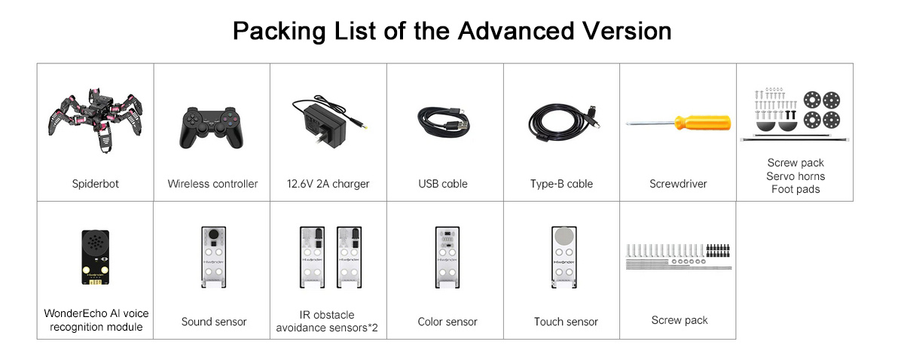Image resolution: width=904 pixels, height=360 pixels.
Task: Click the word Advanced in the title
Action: click(516, 31)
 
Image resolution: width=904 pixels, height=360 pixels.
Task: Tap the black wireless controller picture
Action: click(212, 127)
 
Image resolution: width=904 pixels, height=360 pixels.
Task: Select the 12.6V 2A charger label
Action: click(328, 184)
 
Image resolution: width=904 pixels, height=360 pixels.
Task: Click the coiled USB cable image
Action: click(444, 123)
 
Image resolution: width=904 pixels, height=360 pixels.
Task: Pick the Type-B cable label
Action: click(561, 184)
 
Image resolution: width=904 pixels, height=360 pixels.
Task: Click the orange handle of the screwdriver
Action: click(703, 123)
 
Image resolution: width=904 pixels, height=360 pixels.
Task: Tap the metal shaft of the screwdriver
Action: click(649, 123)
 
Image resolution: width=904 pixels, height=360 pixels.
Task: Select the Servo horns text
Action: click(796, 176)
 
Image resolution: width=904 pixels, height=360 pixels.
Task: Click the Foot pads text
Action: click(796, 189)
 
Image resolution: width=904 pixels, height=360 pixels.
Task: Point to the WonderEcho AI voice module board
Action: click(95, 258)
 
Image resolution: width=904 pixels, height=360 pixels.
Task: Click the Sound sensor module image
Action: click(213, 257)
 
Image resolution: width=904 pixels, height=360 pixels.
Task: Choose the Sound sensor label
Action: click(214, 322)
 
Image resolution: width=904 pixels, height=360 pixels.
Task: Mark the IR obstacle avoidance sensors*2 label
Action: click(327, 322)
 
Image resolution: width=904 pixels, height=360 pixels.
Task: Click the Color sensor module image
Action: click(447, 257)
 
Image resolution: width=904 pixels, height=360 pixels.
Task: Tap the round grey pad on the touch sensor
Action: click(563, 236)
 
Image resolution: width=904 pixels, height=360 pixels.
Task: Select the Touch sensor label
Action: click(566, 322)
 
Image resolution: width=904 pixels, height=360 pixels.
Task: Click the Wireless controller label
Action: click(212, 184)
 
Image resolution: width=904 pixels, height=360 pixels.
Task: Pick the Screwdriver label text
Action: click(678, 184)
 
